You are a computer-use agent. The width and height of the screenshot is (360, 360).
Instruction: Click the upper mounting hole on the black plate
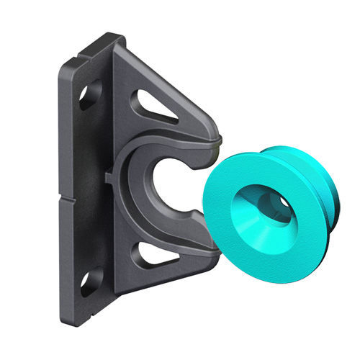(x=90, y=94)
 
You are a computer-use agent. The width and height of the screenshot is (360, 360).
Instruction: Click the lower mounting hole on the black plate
(x=91, y=282)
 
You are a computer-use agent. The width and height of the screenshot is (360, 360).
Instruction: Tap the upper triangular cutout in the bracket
(x=155, y=107)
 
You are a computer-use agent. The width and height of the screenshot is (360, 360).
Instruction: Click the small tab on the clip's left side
(x=108, y=175)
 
